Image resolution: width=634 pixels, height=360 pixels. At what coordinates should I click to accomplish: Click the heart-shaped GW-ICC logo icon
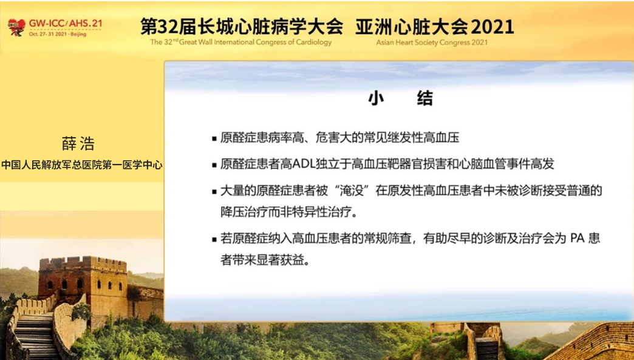16,27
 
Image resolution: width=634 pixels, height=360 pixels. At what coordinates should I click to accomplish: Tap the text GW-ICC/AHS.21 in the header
66,23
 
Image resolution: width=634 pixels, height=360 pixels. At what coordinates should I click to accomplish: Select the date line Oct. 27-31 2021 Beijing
58,34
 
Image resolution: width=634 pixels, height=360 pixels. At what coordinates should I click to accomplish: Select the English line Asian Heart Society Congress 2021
431,42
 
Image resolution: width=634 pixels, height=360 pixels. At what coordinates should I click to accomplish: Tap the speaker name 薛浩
78,144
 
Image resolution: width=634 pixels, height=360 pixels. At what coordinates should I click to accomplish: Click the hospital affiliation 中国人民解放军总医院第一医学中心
81,165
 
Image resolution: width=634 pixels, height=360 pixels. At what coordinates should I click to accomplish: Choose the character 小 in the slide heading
376,98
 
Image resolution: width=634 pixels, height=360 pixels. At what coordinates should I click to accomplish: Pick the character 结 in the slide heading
425,98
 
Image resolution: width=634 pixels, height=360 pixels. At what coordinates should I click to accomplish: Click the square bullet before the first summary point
214,139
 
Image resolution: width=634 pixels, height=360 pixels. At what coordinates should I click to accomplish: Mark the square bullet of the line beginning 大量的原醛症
214,191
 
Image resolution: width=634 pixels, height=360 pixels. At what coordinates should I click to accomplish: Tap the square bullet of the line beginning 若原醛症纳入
214,240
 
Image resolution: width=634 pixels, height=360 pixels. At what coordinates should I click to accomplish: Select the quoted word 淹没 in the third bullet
352,190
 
